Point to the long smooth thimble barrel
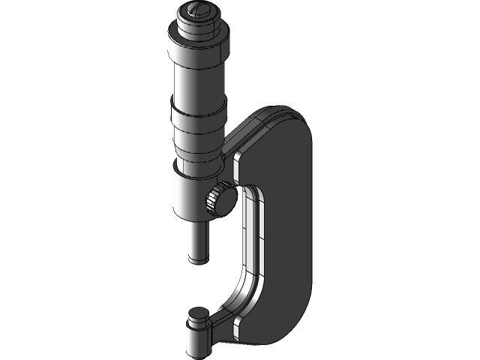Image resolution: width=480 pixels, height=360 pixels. click(198, 82)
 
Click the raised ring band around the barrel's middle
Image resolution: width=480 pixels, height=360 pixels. click(198, 116)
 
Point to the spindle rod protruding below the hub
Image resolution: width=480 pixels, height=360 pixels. click(198, 240)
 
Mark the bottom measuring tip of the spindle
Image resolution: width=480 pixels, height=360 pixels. click(198, 259)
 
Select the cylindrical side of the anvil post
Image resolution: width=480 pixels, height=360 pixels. click(198, 337)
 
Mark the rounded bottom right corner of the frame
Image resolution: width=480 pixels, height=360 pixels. click(296, 326)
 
